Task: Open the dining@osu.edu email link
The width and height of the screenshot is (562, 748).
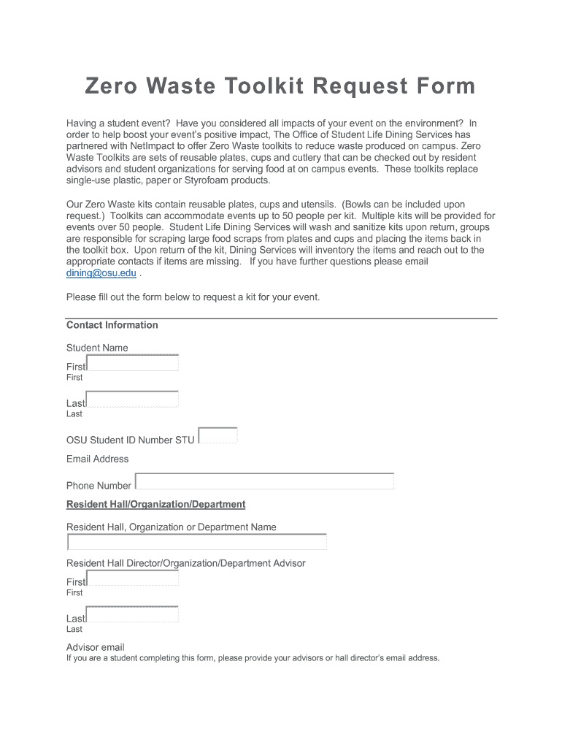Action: [x=101, y=273]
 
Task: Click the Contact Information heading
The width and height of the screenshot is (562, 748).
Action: [x=112, y=325]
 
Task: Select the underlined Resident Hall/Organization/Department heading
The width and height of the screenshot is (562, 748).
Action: [x=155, y=505]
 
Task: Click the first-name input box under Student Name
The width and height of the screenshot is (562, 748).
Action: [x=132, y=363]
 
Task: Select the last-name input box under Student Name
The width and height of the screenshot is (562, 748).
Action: [x=132, y=400]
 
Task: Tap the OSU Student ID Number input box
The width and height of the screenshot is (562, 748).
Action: [x=218, y=435]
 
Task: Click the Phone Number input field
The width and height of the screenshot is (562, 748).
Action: [x=264, y=481]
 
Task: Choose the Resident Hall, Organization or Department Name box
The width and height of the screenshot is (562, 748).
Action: [x=197, y=542]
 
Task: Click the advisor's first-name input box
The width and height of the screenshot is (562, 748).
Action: [x=132, y=579]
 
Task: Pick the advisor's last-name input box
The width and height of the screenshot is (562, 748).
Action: [x=132, y=614]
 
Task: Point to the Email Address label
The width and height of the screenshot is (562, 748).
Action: [x=97, y=459]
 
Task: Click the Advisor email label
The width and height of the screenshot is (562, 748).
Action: [x=96, y=647]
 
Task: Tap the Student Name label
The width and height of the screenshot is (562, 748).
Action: [x=97, y=348]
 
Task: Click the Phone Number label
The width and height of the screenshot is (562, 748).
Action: [x=99, y=486]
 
